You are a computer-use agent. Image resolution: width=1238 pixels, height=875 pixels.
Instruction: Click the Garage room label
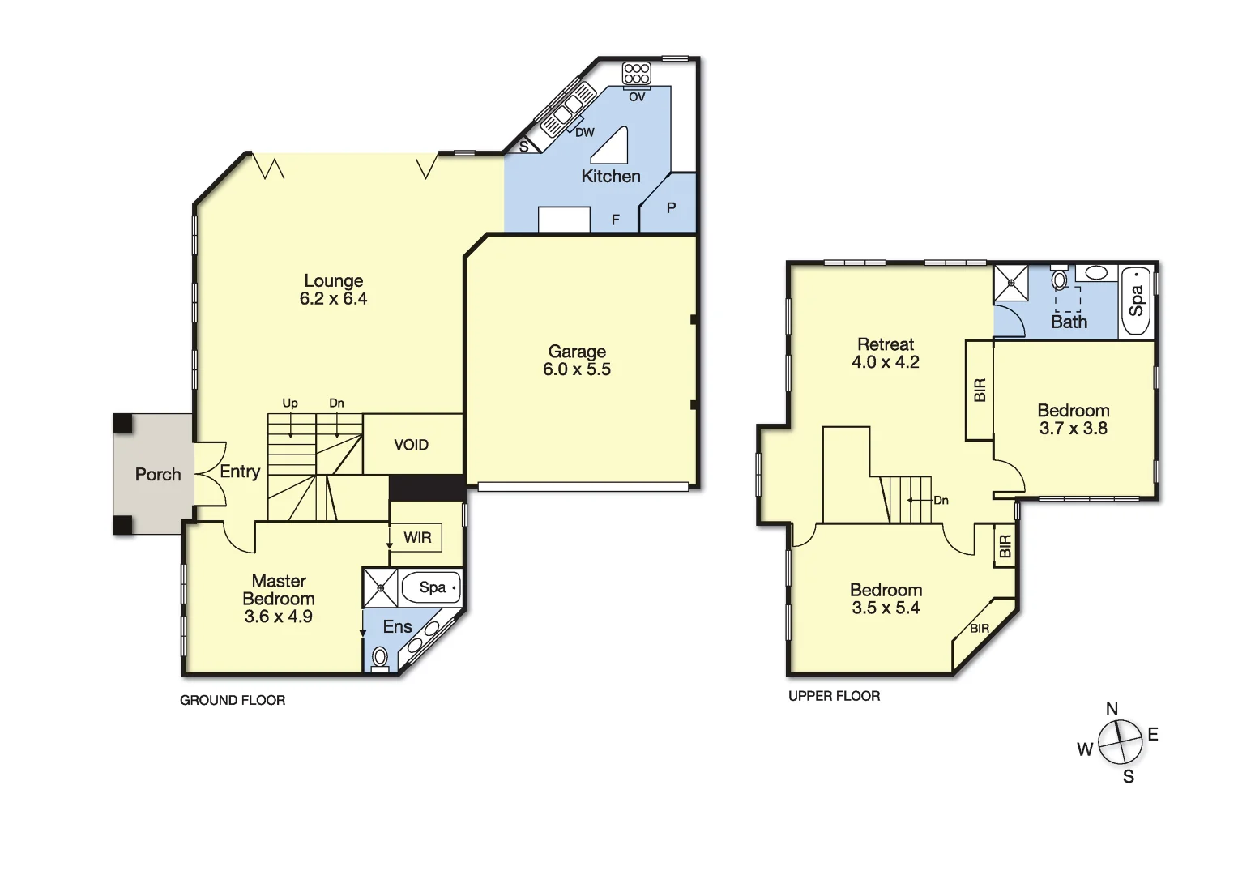point(577,352)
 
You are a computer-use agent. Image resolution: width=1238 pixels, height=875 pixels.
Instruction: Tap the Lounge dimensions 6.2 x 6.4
point(333,299)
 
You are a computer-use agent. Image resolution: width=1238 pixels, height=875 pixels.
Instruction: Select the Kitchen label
point(610,177)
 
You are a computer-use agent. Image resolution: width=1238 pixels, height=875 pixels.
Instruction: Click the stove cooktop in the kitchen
point(637,74)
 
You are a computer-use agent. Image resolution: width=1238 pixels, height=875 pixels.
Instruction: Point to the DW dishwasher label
point(584,133)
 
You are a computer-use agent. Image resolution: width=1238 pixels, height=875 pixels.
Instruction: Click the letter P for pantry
point(671,208)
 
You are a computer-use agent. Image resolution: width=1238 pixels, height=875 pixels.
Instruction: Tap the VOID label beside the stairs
point(411,445)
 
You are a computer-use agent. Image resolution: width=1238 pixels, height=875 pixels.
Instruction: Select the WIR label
point(417,538)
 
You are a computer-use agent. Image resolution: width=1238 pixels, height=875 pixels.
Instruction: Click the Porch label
point(158,475)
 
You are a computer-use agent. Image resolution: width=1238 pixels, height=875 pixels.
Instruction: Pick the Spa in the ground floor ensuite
point(432,587)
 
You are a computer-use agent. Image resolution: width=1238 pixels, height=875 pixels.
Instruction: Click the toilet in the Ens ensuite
point(379,657)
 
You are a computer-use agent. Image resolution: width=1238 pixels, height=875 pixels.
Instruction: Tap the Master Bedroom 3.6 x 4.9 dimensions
point(278,617)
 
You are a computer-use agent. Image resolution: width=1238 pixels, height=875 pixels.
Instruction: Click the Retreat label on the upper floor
point(885,344)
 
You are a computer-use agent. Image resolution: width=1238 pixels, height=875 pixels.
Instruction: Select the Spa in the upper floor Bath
point(1136,300)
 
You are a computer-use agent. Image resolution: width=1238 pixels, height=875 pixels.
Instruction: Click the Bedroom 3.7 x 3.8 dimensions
point(1073,429)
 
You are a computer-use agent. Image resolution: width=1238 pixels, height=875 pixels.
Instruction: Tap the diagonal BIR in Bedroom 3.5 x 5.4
point(980,628)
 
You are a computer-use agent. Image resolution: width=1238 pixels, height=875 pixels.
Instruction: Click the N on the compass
point(1112,710)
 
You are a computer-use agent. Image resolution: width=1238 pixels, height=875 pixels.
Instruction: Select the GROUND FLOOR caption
point(233,700)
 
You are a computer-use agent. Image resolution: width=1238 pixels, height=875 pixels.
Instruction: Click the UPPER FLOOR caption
point(834,696)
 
